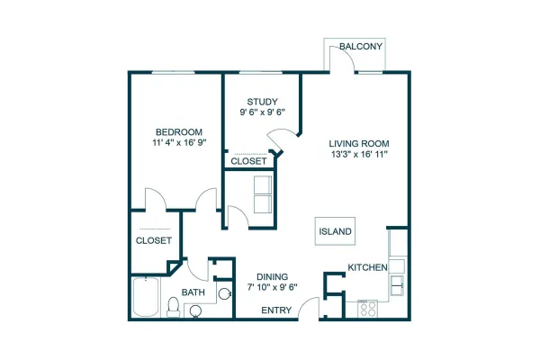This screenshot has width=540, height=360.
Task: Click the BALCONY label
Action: pos(361,46)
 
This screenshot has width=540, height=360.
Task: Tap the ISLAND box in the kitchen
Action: pos(335,231)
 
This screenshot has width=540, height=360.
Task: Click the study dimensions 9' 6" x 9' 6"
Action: pos(263,112)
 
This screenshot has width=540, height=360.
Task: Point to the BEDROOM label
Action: pos(179,132)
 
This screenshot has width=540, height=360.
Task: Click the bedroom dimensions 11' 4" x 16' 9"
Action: pos(179,142)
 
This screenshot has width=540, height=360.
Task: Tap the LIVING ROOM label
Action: pos(359,144)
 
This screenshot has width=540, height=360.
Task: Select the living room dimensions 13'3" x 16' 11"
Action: pos(359,154)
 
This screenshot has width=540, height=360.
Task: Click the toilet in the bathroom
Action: pos(173,307)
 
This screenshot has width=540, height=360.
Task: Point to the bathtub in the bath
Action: pos(146,297)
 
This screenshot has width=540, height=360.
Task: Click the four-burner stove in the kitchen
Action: pos(367,309)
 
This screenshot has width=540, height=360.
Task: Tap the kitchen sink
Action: pos(397,285)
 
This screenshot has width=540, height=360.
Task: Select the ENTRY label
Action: pos(276,310)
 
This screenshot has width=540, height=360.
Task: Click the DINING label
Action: pos(272,276)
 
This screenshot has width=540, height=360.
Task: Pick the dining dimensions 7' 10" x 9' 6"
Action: pos(272,287)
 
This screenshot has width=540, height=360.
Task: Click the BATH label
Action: pos(193,292)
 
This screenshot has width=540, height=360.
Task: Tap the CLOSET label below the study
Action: pos(248,161)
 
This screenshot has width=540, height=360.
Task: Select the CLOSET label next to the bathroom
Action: pos(154,240)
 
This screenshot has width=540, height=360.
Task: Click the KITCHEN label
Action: pos(367,267)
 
